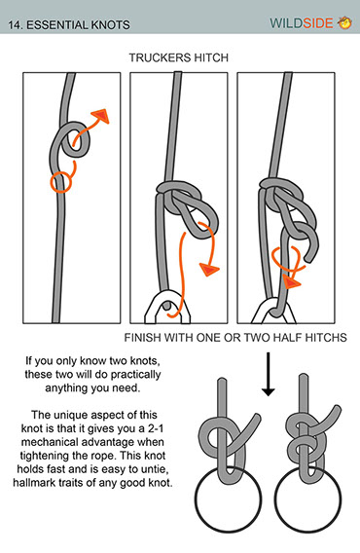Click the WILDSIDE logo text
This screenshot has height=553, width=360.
pos(301,23)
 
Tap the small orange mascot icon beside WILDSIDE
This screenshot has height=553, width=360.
pos(344,23)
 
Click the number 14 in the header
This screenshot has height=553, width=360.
pos(14,25)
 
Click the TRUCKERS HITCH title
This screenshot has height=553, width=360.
pos(179,57)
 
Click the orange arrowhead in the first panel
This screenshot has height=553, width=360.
pos(100,117)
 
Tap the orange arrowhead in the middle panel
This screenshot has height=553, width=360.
pos(209,269)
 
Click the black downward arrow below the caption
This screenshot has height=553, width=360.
pos(269,374)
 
